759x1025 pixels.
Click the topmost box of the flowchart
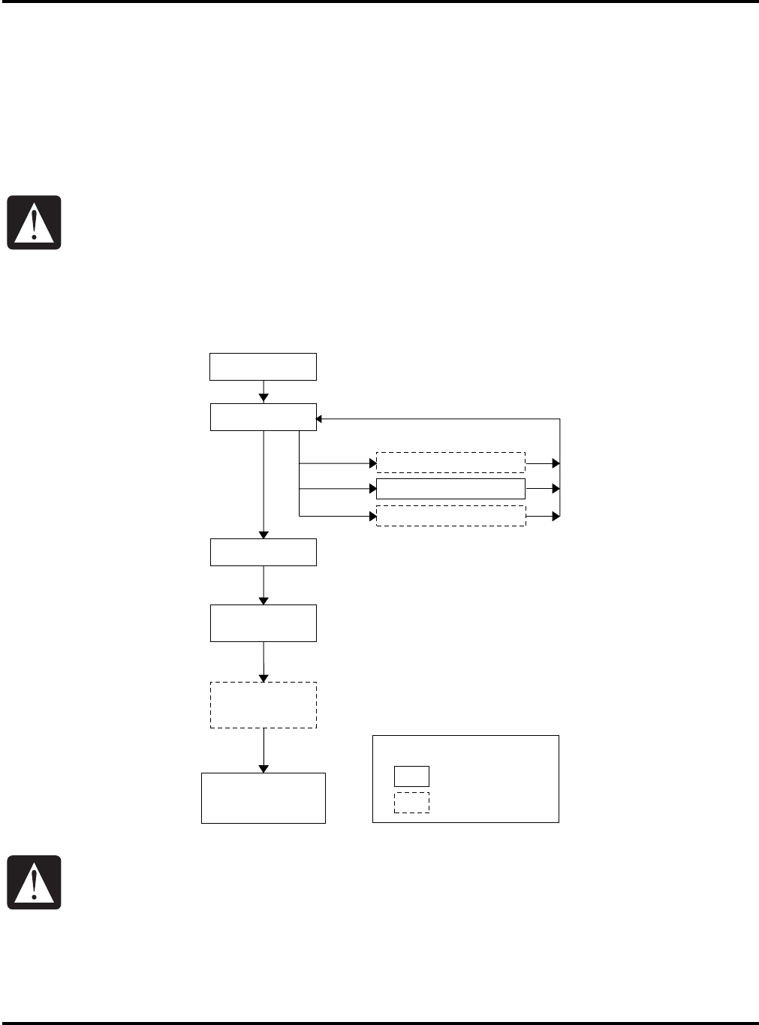click(x=263, y=366)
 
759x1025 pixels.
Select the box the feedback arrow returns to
click(x=263, y=417)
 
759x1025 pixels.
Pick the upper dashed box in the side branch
click(x=450, y=463)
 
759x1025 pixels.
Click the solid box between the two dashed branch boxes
click(x=450, y=489)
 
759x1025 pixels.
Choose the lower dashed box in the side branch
click(x=450, y=516)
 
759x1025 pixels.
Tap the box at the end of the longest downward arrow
click(x=263, y=552)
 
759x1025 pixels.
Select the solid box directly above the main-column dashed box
click(x=263, y=623)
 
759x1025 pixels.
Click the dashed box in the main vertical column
click(x=263, y=705)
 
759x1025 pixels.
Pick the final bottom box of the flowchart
click(x=263, y=798)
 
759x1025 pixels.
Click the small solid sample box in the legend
click(x=411, y=776)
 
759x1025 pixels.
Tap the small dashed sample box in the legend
click(x=411, y=803)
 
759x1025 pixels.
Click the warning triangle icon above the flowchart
click(x=34, y=223)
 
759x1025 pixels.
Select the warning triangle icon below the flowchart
click(x=34, y=883)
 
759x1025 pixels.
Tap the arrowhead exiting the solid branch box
click(x=556, y=489)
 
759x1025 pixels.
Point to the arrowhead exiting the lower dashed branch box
click(x=556, y=516)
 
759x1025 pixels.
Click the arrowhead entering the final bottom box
click(x=264, y=768)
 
